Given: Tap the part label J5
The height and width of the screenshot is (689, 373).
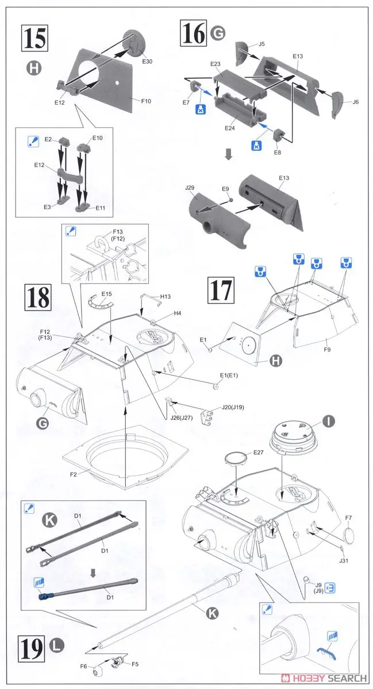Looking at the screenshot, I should click(262, 44).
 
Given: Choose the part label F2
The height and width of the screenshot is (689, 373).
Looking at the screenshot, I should click(74, 474).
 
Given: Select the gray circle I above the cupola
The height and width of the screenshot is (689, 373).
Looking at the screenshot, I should click(328, 423).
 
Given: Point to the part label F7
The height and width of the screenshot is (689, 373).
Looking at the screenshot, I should click(349, 518).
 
